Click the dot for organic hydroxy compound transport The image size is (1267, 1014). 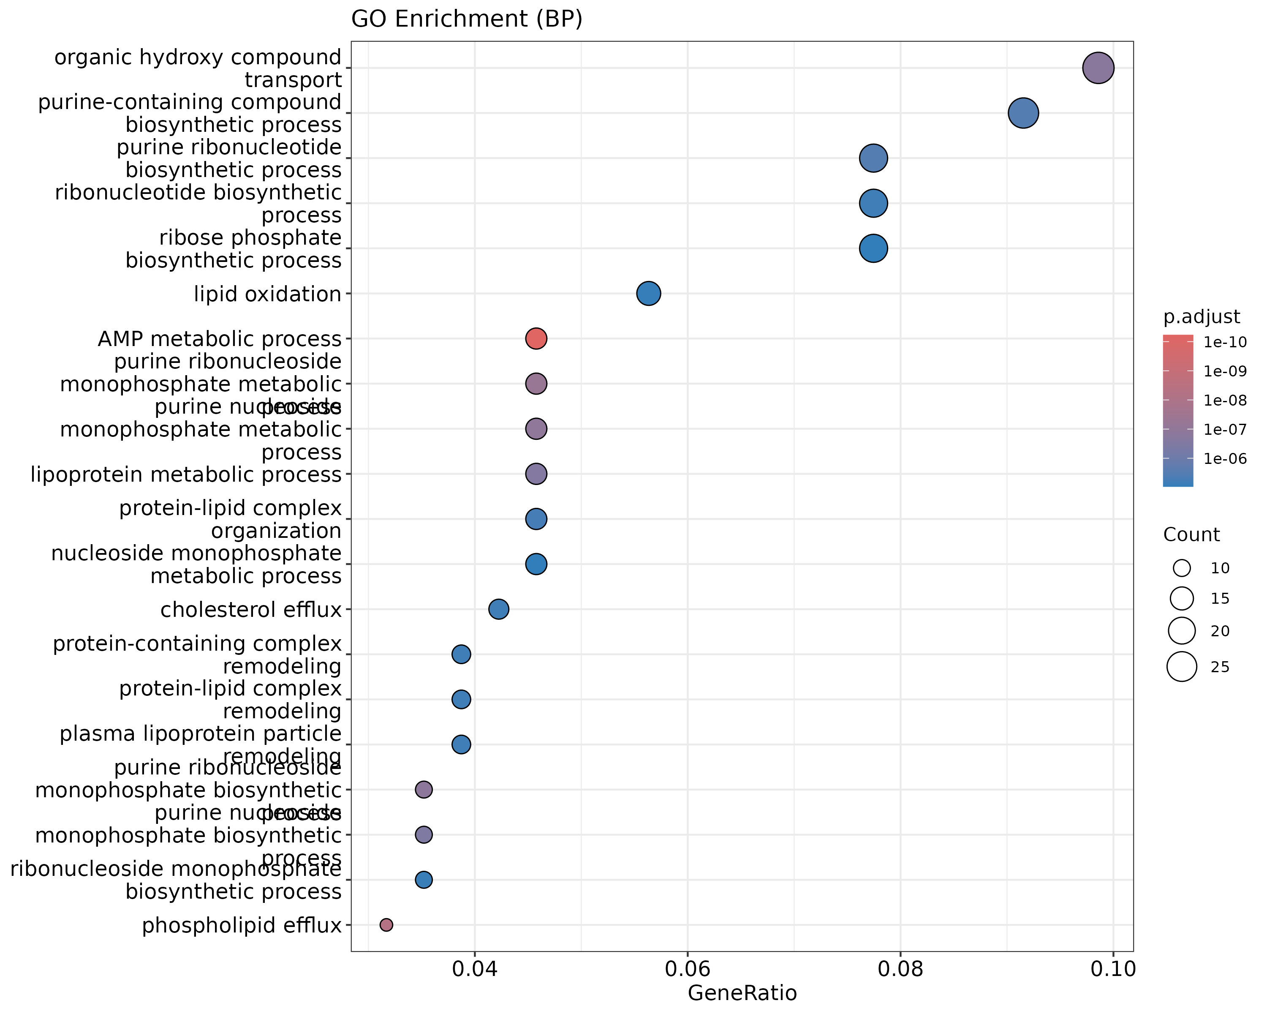point(1098,68)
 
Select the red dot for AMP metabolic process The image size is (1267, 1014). point(536,338)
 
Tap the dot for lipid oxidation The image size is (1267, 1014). point(648,293)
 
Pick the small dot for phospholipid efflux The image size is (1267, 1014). point(386,925)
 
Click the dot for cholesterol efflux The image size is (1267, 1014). point(498,609)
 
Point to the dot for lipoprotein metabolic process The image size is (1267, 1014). point(536,474)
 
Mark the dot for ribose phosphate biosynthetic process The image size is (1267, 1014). point(873,248)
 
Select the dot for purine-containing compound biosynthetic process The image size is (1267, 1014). point(1023,113)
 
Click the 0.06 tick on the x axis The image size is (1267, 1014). point(688,969)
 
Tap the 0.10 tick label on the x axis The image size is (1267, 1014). point(1112,969)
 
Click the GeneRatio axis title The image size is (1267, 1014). point(742,993)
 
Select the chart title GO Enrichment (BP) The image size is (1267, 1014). point(467,19)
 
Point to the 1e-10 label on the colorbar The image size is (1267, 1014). point(1225,342)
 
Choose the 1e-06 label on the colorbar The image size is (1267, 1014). point(1225,458)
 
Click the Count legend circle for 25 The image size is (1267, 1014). point(1182,667)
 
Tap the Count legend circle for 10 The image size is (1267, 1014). point(1182,568)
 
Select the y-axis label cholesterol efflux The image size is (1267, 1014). point(250,610)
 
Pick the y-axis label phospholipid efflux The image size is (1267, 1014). point(242,926)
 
